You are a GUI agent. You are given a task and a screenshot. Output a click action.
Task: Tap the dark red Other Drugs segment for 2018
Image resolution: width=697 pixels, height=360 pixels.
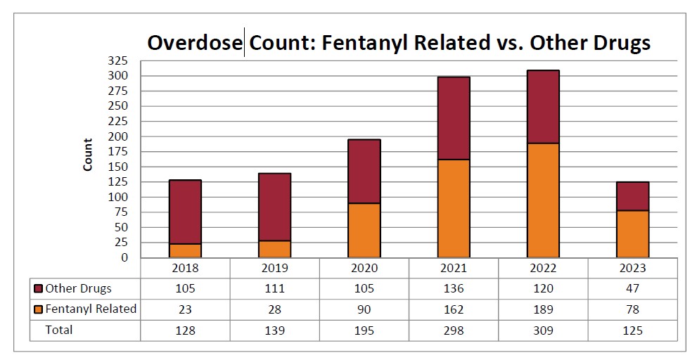(185, 212)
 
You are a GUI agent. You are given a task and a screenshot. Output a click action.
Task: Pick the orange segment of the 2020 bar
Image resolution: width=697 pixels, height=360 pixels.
(364, 230)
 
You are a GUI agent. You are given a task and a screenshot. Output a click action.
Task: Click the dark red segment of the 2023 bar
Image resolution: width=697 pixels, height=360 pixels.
(632, 196)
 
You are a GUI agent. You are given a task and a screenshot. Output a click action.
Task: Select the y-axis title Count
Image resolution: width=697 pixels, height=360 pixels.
(88, 155)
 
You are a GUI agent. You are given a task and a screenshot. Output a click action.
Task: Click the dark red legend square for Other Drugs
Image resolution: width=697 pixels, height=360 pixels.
(38, 288)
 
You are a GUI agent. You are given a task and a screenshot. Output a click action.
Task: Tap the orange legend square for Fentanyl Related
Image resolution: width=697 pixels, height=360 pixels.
(38, 309)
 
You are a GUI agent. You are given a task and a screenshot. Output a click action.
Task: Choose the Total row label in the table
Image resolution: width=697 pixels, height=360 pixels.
(59, 329)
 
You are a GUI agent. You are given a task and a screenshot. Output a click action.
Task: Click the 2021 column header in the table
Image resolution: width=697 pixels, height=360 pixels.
(454, 268)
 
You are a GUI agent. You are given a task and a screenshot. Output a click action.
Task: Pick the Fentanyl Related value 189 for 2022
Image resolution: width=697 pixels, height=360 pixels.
(543, 309)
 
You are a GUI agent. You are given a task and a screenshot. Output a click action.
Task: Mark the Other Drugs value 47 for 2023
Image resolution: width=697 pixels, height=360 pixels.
(632, 288)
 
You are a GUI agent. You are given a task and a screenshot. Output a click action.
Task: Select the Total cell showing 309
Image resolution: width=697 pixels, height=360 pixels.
(543, 329)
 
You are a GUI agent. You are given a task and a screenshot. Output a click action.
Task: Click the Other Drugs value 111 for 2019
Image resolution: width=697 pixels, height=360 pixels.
(274, 288)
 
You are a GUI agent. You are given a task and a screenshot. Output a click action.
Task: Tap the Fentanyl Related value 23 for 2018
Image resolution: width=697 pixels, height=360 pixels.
(185, 309)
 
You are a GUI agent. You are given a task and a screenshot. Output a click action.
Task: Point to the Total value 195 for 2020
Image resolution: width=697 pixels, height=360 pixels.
(364, 329)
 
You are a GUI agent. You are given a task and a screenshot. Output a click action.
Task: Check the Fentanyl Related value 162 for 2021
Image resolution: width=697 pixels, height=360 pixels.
(454, 309)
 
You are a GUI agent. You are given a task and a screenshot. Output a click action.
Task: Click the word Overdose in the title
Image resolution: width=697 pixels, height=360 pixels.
(195, 43)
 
